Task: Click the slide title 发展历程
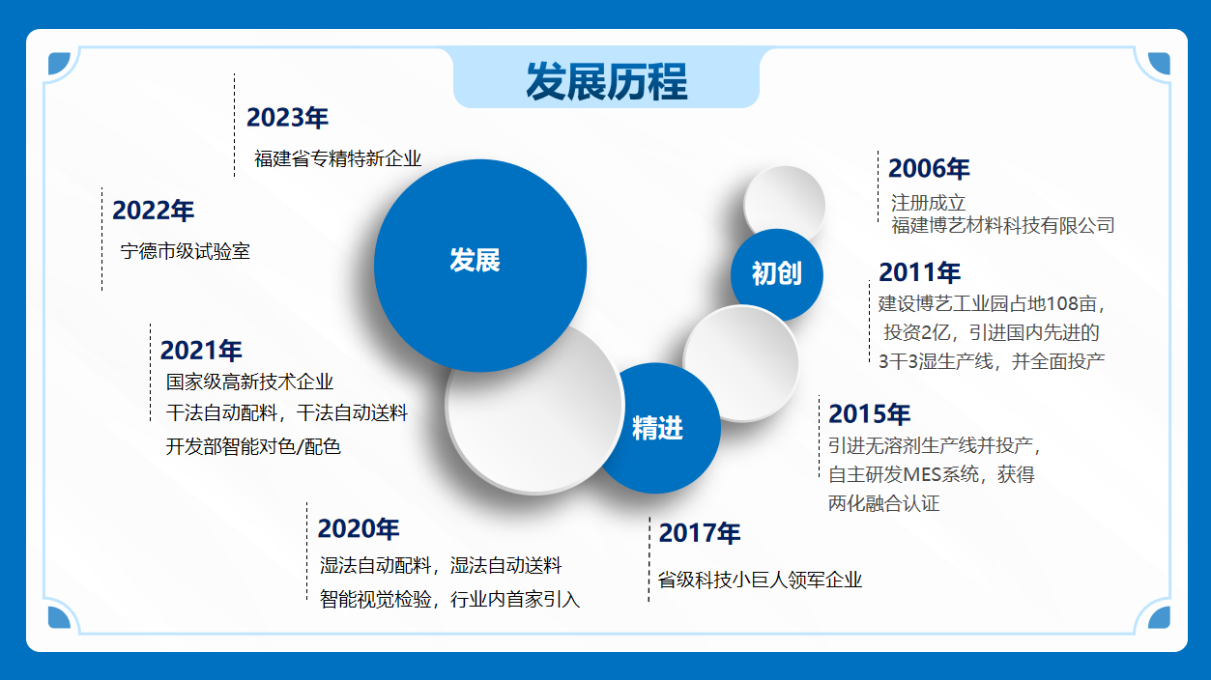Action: (607, 81)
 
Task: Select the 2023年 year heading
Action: (287, 118)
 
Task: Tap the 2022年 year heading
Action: (153, 211)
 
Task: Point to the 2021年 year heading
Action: (201, 351)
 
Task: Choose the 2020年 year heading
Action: (359, 528)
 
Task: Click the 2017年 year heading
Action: (700, 533)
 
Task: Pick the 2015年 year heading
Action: (869, 414)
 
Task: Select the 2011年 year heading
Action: (919, 272)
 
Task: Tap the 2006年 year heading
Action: (929, 168)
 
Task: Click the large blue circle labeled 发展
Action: (480, 266)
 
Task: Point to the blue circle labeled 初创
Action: (777, 275)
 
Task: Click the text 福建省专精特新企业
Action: (337, 158)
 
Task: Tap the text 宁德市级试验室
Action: (185, 252)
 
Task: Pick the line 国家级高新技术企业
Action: (249, 382)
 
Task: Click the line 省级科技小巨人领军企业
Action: (760, 581)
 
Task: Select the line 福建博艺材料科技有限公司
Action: (1003, 225)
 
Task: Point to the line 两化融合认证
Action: (884, 503)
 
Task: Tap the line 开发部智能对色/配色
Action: (253, 446)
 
